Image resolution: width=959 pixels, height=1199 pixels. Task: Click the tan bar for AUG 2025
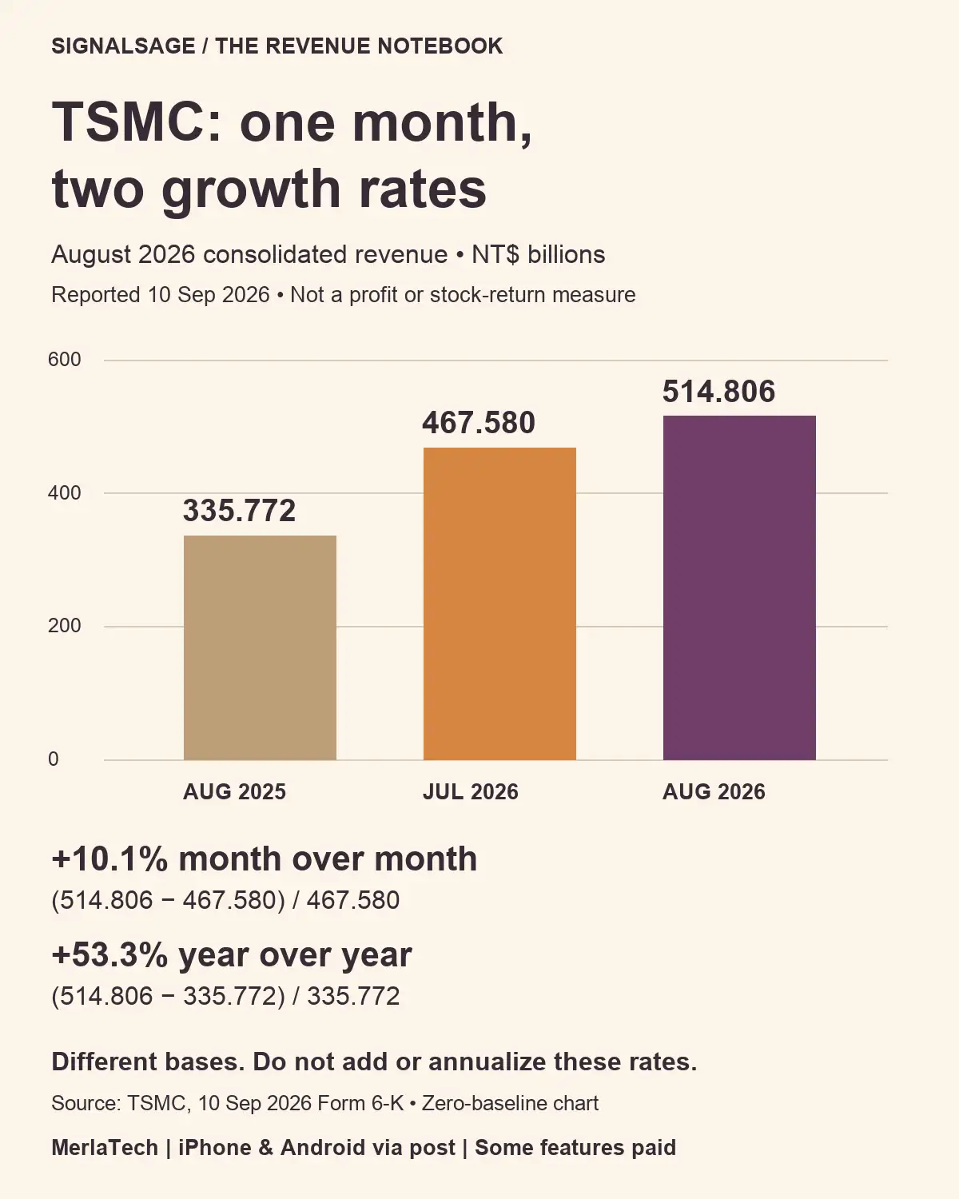(x=260, y=647)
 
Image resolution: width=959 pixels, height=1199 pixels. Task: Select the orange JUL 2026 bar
(x=499, y=603)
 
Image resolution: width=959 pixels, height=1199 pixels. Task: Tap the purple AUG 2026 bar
(x=739, y=588)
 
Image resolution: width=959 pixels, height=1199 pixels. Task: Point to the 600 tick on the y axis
(x=65, y=360)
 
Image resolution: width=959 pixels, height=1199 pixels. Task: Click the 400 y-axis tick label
(x=65, y=492)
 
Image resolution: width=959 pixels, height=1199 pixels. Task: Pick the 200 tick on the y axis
(x=65, y=626)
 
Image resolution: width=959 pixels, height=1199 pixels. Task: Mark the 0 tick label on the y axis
(x=54, y=759)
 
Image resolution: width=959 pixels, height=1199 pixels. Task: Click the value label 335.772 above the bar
(x=239, y=510)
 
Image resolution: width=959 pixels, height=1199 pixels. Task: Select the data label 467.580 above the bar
(x=479, y=422)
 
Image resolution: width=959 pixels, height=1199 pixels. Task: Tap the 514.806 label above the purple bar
(x=718, y=391)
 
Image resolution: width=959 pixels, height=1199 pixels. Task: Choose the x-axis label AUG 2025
(x=235, y=791)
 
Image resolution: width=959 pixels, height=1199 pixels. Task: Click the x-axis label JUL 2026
(x=470, y=791)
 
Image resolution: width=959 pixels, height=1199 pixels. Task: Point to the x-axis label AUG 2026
(x=714, y=791)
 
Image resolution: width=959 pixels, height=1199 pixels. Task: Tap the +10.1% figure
(x=109, y=859)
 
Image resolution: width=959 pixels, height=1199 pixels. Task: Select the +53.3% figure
(x=109, y=955)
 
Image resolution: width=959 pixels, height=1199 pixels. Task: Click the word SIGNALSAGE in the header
(x=123, y=46)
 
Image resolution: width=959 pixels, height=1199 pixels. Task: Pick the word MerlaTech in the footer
(x=105, y=1148)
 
